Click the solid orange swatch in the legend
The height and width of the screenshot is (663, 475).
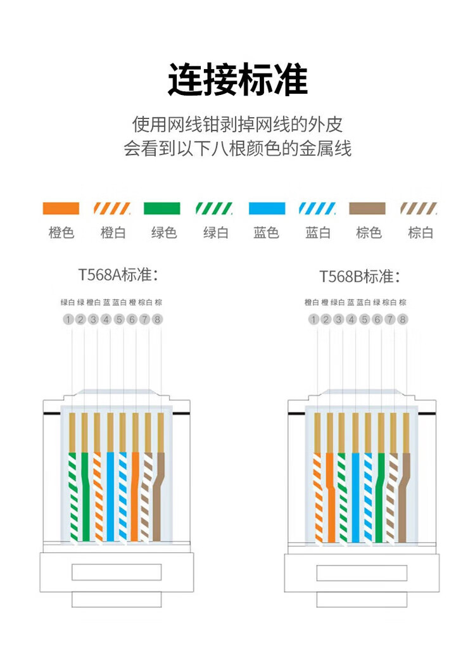(x=61, y=208)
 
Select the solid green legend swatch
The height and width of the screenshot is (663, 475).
(x=162, y=208)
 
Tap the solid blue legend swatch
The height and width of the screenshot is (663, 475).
(x=267, y=208)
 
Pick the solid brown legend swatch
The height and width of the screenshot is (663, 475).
(x=367, y=208)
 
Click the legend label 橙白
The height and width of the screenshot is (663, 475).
(x=113, y=233)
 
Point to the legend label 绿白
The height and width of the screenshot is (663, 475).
(x=215, y=233)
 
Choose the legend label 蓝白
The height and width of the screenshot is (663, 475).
(x=318, y=233)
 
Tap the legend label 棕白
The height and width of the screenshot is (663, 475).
(x=421, y=233)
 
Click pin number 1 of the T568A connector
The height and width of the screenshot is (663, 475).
(x=68, y=320)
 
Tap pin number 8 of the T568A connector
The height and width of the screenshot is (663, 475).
(x=157, y=320)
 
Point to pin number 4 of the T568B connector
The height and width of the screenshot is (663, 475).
(x=351, y=320)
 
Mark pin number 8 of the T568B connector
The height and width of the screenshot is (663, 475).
(x=402, y=320)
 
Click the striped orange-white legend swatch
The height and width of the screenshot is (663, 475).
(x=112, y=208)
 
